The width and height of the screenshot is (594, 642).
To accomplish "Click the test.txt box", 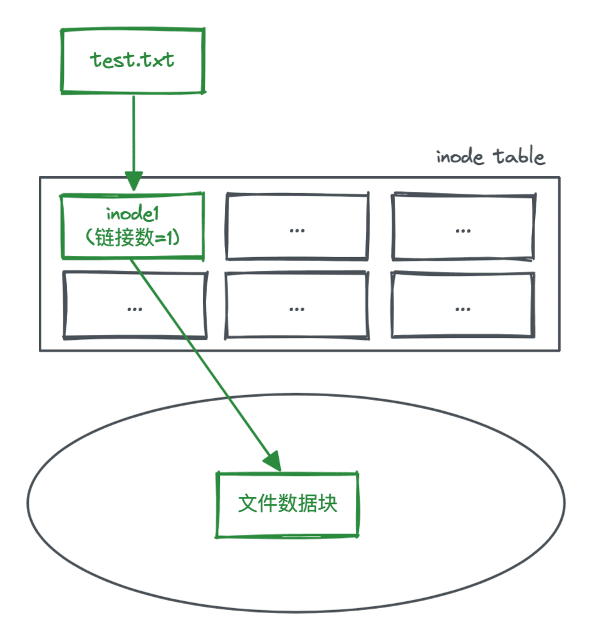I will pyautogui.click(x=133, y=61).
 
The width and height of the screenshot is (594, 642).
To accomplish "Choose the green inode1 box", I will pyautogui.click(x=133, y=226).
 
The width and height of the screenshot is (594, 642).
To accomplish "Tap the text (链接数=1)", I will pyautogui.click(x=133, y=237).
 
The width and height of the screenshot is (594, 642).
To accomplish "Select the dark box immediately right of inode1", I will pyautogui.click(x=297, y=226).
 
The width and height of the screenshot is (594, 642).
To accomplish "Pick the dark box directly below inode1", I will pyautogui.click(x=134, y=305).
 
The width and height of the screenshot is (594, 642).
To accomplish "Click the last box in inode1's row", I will pyautogui.click(x=463, y=226).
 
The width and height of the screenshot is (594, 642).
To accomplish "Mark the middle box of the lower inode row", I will pyautogui.click(x=297, y=305).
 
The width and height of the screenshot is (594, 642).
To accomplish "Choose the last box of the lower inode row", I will pyautogui.click(x=463, y=305).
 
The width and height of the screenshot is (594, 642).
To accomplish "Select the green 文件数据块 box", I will pyautogui.click(x=288, y=505).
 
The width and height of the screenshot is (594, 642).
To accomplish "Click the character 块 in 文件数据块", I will pyautogui.click(x=328, y=504).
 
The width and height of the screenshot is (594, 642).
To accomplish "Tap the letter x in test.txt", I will pyautogui.click(x=153, y=61).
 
